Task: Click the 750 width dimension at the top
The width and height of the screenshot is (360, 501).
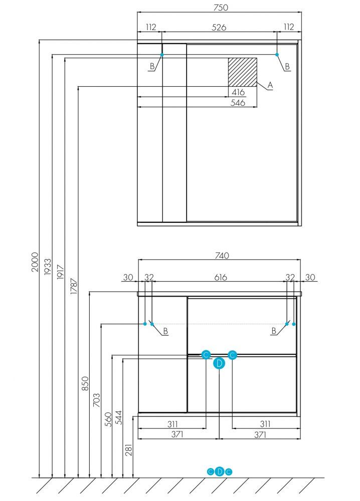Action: (221, 8)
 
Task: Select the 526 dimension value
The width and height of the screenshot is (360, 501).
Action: (219, 28)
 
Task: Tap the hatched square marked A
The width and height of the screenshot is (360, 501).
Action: (242, 72)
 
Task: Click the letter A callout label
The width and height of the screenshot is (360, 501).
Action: (270, 85)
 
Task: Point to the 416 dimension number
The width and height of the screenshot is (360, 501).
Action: (238, 92)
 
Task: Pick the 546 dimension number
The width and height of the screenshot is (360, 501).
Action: (238, 103)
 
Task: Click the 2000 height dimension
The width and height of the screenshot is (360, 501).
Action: (35, 262)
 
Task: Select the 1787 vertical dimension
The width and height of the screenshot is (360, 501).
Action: (74, 286)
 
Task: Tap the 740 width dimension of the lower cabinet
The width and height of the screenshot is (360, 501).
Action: (222, 256)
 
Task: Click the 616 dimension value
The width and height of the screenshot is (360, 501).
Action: (221, 278)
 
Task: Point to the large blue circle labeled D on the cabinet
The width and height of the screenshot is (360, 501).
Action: (219, 363)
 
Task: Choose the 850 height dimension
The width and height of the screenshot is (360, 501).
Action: (85, 383)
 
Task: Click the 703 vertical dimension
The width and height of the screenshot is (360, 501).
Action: (96, 400)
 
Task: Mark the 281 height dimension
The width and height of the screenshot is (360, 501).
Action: (128, 449)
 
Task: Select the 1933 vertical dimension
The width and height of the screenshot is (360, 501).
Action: (47, 267)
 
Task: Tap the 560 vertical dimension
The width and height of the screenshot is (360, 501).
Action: (108, 419)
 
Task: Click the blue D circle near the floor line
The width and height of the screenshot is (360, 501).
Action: (219, 471)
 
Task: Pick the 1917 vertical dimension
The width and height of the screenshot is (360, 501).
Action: (61, 272)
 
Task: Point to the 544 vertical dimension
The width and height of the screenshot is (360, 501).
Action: (119, 417)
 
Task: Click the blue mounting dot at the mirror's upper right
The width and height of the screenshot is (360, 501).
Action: (277, 55)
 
